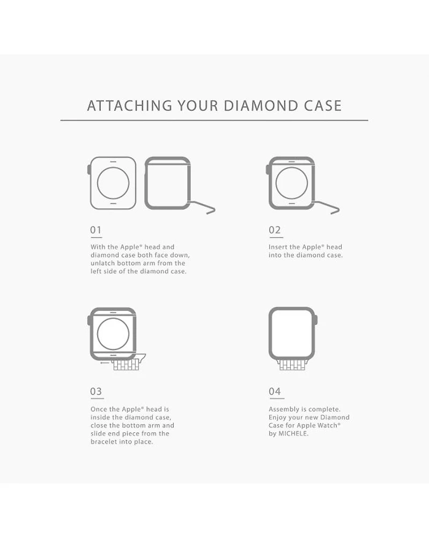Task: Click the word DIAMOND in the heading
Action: [x=261, y=106]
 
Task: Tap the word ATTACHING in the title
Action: [x=130, y=106]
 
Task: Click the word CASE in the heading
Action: [x=323, y=106]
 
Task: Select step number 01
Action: [x=96, y=230]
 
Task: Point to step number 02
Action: [x=275, y=230]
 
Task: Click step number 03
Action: [x=96, y=391]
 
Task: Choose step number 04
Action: [x=275, y=391]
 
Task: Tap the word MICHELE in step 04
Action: [x=293, y=433]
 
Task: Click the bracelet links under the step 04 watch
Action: [x=292, y=365]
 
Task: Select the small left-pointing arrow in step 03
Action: [x=105, y=362]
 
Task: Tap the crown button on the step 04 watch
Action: [x=316, y=320]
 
